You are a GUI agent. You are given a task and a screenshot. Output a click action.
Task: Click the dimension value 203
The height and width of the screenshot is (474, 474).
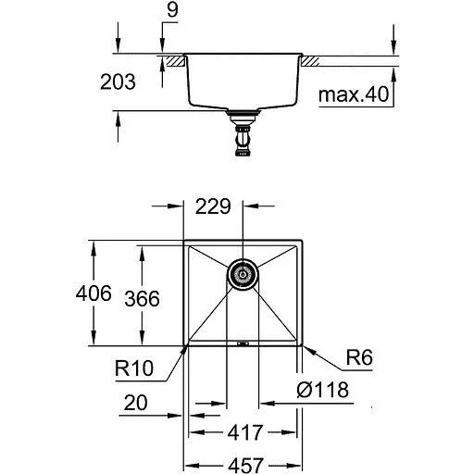[117, 82]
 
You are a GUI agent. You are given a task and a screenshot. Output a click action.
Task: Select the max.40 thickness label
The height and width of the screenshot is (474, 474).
[353, 94]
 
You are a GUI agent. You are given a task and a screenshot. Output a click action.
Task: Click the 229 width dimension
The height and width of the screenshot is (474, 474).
[213, 208]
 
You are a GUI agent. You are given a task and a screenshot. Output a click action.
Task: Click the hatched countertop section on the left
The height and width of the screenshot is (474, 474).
[173, 60]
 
